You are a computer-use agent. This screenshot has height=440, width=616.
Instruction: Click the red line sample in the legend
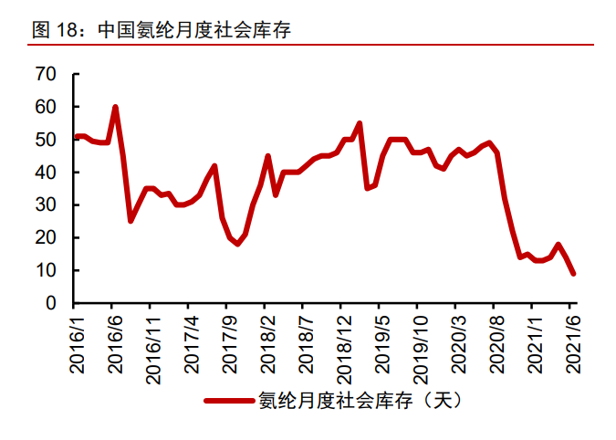point(230,400)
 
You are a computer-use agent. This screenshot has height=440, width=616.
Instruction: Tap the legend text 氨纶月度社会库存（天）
point(355,400)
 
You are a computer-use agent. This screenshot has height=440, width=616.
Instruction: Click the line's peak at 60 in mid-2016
point(115,108)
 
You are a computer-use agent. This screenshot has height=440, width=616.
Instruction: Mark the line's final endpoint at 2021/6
point(573,273)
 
